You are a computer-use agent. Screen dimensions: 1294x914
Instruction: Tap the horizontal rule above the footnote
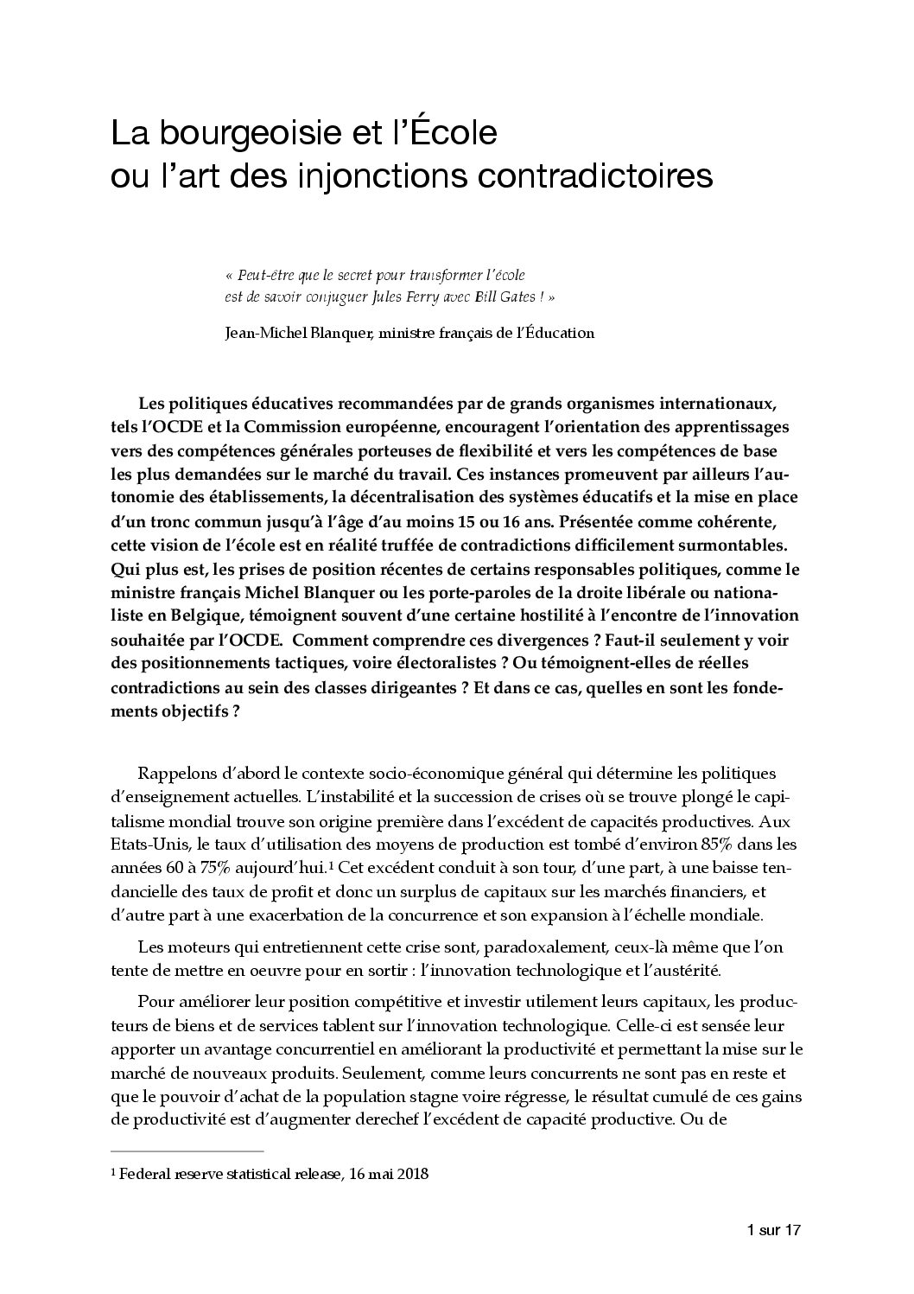coord(187,1151)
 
